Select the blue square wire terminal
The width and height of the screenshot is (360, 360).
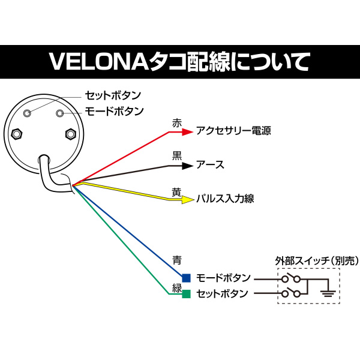(186, 278)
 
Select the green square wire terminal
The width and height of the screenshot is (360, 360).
(186, 293)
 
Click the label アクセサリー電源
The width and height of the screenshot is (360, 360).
(233, 130)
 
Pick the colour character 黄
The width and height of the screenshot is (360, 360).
(176, 191)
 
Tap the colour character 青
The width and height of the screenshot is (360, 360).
(176, 261)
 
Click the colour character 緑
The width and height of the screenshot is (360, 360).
(176, 288)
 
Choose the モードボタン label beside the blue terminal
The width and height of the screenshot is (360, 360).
(224, 278)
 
